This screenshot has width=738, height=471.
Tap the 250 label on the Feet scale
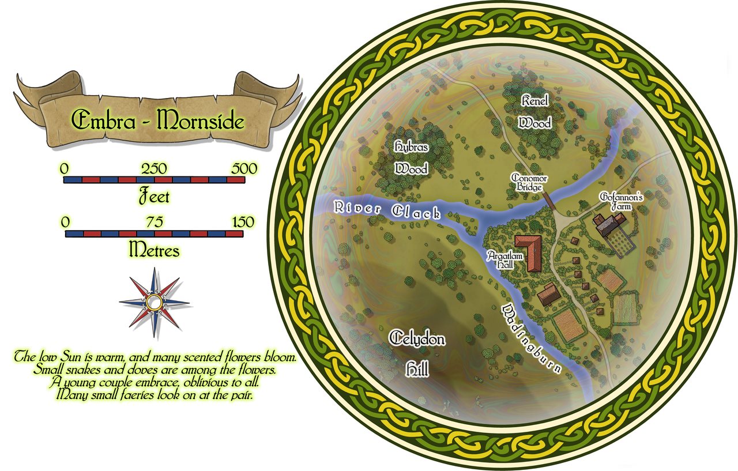point(155,169)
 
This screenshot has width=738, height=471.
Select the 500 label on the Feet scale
point(244,169)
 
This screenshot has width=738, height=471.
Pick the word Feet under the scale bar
point(155,197)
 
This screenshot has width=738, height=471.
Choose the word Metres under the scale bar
point(155,251)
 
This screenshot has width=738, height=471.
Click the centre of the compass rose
point(154,302)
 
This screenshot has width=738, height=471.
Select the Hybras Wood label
point(411,157)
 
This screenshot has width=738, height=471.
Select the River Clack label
point(386,210)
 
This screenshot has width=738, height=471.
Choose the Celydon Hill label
point(417,353)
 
